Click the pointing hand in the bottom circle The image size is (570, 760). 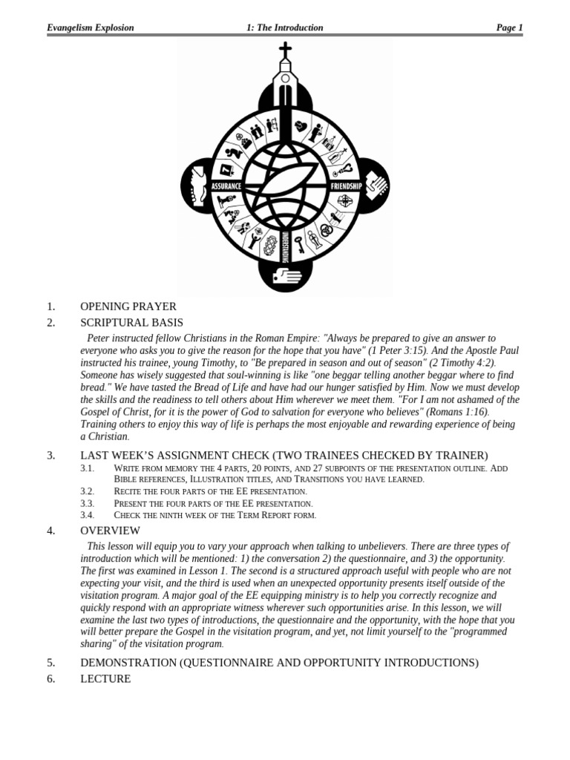tap(286, 275)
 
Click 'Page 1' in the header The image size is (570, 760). tap(509, 28)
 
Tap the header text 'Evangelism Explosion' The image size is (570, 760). tap(91, 28)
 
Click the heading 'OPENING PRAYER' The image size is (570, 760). tap(128, 307)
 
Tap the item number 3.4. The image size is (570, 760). tap(88, 514)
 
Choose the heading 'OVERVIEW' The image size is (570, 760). tap(110, 531)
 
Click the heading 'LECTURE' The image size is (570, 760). tap(105, 678)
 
